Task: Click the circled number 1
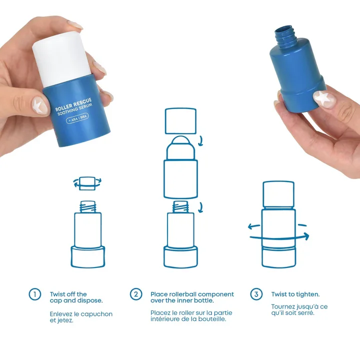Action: coord(35,294)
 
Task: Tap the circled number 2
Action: coord(136,294)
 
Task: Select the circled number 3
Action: coord(256,294)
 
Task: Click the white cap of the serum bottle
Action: coord(62,58)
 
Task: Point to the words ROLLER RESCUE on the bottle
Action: coord(73,104)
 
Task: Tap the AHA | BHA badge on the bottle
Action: coord(77,118)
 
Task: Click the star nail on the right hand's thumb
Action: coord(324,98)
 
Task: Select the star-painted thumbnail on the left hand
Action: coord(39,105)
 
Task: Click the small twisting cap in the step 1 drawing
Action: coord(87,183)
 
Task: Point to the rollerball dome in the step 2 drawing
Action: coord(180,147)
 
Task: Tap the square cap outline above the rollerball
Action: coord(180,121)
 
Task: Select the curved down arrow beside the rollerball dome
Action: coord(201,140)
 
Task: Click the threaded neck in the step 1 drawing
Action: coord(87,206)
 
